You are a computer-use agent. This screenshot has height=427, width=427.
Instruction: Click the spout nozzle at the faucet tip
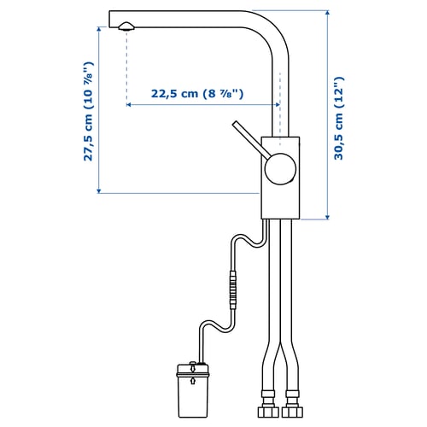pyautogui.click(x=126, y=26)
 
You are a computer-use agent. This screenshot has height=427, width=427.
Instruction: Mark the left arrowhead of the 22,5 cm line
pyautogui.click(x=129, y=106)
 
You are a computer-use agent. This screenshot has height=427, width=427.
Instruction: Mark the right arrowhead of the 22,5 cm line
pyautogui.click(x=276, y=106)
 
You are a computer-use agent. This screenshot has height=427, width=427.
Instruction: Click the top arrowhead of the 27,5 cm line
pyautogui.click(x=97, y=13)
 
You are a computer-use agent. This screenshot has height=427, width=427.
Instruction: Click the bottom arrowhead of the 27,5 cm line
pyautogui.click(x=97, y=190)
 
